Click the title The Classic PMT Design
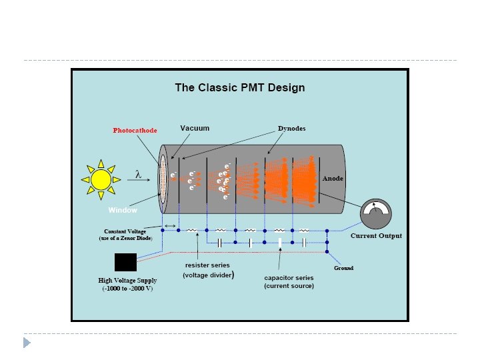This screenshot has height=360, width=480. pos(239,87)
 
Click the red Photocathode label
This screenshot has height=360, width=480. pos(135,131)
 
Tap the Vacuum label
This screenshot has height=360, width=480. pos(195,128)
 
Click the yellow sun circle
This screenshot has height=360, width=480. pos(101,179)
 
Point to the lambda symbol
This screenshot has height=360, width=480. pos(138,175)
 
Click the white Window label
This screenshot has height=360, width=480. pos(123,211)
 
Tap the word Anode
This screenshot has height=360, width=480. pos(333,179)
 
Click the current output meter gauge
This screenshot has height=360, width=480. pos(377,215)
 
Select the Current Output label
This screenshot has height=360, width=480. pos(377,236)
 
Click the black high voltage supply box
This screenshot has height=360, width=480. pos(125,263)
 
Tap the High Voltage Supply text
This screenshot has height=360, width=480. pos(125,285)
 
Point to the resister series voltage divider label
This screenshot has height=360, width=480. pos(208,270)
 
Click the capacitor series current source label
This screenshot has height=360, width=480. pos(289,281)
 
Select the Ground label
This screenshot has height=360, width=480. pos(343,268)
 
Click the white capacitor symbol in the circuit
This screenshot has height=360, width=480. pos(281,243)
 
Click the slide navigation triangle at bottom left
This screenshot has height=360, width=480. pos(27,343)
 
